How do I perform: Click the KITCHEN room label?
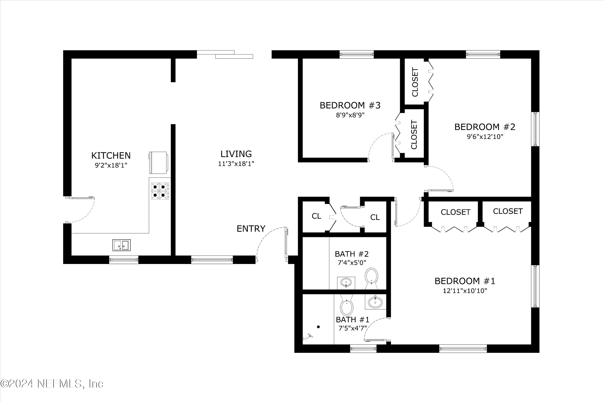click(111, 156)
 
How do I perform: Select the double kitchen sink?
click(121, 245)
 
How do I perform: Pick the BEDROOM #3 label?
click(350, 105)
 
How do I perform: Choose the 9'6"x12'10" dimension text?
click(485, 137)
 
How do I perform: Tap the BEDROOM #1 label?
click(465, 281)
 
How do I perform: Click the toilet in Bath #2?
click(372, 278)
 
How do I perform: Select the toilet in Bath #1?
click(347, 305)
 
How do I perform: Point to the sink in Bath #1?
click(375, 302)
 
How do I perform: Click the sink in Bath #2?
click(346, 283)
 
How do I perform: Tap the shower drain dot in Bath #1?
click(319, 327)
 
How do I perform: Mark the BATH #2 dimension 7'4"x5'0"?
click(352, 263)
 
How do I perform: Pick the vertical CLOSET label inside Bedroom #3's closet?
click(414, 135)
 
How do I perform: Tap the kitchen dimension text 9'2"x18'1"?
click(111, 165)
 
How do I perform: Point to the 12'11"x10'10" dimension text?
click(465, 291)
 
